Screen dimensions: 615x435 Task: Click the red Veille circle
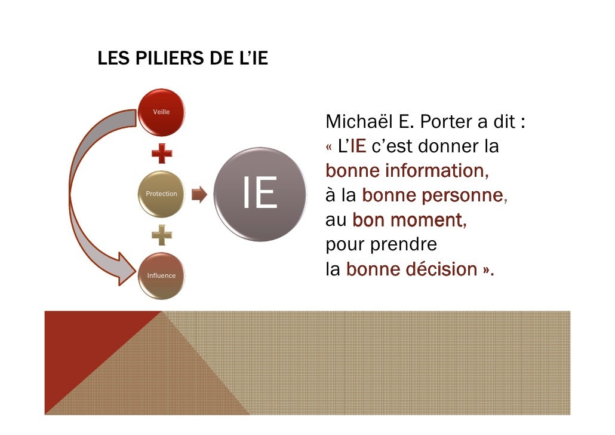click(x=161, y=112)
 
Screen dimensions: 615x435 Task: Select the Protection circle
click(x=161, y=194)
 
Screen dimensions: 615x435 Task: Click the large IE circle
click(x=259, y=194)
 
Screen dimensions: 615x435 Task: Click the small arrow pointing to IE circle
click(x=199, y=194)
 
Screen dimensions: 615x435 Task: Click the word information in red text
click(x=435, y=171)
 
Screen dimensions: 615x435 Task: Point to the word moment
click(x=428, y=220)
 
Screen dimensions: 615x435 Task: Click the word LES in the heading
click(x=109, y=60)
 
